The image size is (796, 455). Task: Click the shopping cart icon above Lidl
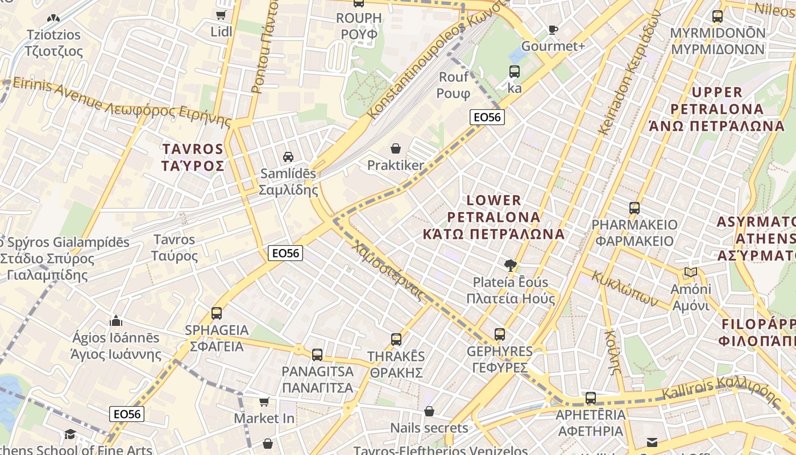click(221, 15)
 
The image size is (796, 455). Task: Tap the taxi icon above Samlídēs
click(288, 156)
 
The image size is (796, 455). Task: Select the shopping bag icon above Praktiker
click(396, 149)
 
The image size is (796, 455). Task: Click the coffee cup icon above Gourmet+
click(553, 30)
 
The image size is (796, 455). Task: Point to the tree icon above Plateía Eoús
click(511, 265)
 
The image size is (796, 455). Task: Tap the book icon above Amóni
click(690, 272)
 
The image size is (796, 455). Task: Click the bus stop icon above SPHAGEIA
click(217, 313)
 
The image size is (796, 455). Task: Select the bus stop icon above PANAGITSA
click(317, 354)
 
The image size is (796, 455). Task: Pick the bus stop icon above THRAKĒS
click(396, 340)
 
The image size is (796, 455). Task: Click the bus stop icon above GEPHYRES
click(499, 334)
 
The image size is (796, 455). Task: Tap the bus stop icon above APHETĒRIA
click(591, 398)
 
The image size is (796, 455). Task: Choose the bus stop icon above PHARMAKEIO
click(635, 208)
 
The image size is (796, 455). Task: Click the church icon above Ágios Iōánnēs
click(116, 321)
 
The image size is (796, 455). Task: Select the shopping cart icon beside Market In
click(264, 402)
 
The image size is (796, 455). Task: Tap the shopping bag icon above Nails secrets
click(429, 411)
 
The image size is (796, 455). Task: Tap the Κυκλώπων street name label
click(625, 288)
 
